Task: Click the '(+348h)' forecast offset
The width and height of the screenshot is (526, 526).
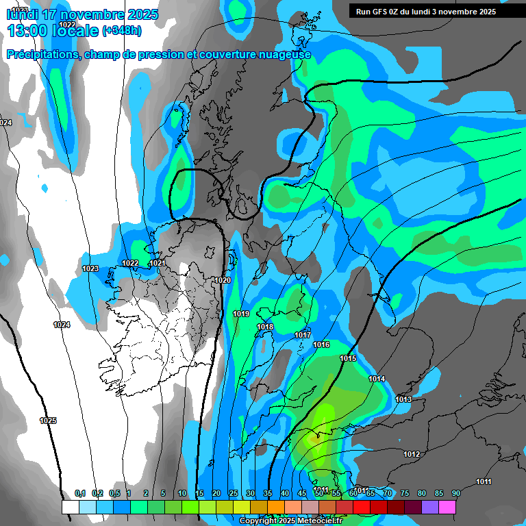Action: pos(122,31)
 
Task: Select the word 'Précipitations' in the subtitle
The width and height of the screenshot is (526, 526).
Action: pos(42,55)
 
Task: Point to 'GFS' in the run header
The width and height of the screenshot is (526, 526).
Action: pos(387,11)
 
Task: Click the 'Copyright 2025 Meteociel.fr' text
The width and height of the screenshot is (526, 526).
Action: pos(291,521)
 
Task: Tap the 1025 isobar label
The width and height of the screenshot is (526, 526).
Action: pos(48,421)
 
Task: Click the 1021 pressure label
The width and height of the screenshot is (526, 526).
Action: pos(158,263)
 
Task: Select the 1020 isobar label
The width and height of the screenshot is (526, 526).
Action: pos(223,280)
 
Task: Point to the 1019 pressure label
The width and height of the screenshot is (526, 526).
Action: pos(241,314)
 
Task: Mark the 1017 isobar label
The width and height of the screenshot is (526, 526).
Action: pos(303,335)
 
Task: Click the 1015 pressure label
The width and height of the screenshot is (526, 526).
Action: pos(348,358)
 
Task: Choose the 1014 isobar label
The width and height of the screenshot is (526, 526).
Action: pos(377,379)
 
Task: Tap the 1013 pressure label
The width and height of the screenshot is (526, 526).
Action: pos(403,399)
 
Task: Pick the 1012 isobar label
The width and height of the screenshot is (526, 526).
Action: pos(412,454)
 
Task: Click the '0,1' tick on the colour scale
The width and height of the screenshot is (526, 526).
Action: pos(80,494)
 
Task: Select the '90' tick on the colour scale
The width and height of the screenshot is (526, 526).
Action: pos(456,494)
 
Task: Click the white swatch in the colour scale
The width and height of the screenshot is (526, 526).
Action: pos(70,507)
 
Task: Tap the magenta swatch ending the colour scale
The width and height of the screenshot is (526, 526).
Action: pos(447,507)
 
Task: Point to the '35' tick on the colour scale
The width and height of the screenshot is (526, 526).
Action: pos(268,494)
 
